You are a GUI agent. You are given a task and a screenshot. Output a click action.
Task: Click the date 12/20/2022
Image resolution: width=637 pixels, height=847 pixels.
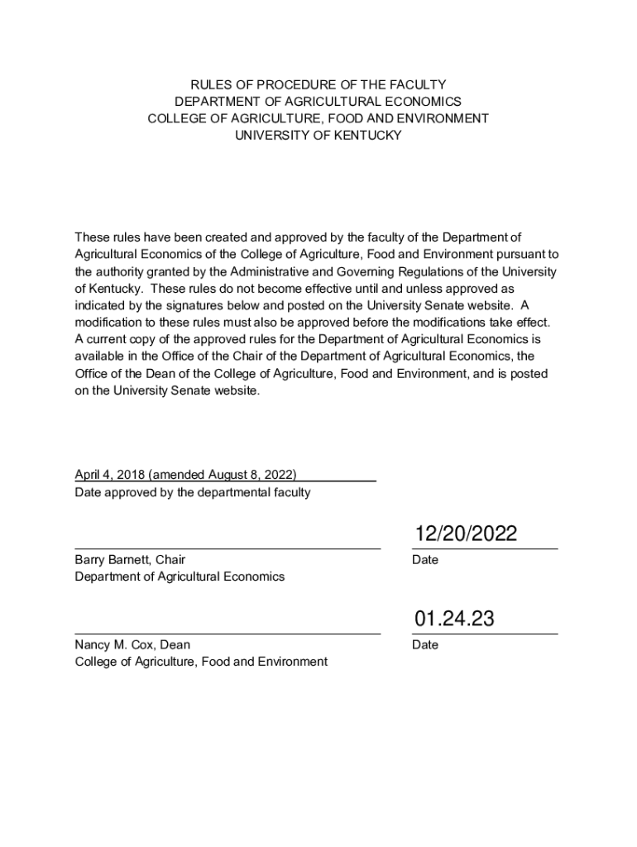tap(466, 534)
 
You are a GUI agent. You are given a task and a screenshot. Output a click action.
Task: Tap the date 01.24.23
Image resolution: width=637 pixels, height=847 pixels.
tap(454, 619)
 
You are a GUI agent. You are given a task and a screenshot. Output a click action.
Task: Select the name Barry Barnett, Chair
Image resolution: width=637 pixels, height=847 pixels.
tap(130, 560)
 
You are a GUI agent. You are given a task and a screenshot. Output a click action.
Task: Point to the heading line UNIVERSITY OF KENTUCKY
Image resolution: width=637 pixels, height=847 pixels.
tap(318, 135)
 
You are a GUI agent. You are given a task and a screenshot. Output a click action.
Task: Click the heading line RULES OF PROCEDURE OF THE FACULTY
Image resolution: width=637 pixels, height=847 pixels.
tap(318, 85)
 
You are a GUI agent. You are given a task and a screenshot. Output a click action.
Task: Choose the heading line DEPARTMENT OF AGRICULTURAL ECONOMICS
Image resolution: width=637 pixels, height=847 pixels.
tap(318, 102)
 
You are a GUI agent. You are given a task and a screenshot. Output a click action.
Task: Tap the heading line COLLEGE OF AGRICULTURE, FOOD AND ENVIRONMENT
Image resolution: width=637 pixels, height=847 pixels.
tap(318, 118)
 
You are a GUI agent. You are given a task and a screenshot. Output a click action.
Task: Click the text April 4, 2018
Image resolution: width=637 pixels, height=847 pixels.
tap(108, 475)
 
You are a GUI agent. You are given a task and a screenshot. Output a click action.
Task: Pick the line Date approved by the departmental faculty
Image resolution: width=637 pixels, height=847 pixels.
tap(193, 493)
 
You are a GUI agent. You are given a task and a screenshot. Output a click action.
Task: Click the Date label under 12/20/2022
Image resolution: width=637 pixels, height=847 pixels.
tap(425, 560)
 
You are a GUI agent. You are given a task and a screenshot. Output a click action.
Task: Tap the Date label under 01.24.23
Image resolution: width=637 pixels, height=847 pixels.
tap(425, 645)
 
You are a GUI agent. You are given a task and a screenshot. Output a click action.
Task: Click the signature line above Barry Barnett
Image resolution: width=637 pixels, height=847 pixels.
tap(227, 548)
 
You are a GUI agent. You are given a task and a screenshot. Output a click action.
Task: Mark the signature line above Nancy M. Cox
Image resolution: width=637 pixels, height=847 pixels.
tap(227, 634)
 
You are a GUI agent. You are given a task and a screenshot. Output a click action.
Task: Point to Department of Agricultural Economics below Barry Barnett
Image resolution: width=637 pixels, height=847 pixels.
tap(180, 577)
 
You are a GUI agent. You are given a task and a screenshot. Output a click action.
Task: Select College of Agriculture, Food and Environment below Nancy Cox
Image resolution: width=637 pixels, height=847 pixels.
tap(201, 662)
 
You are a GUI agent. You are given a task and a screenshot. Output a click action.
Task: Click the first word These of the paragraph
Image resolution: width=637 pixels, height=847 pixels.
tap(91, 238)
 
